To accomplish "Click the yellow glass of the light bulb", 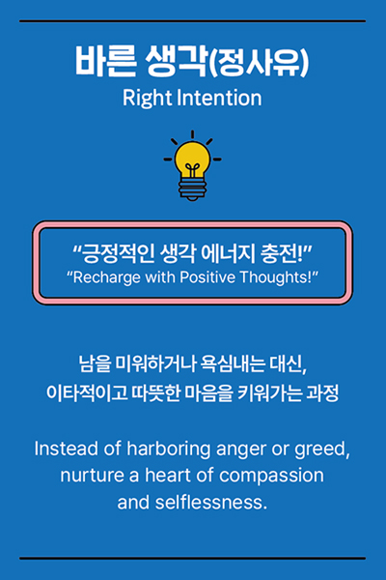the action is pos(192,159).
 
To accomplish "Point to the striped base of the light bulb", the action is pos(192,188).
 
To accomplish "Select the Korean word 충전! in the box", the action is pos(282,253).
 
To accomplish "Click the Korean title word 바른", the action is pos(105,62).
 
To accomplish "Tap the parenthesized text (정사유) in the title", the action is pos(259,62).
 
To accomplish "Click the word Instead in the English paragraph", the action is pos(67,449).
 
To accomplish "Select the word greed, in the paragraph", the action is pos(322,449).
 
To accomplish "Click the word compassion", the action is pos(271,476).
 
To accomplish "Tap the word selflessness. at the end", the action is pos(211,503).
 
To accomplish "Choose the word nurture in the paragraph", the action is pos(92,476).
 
